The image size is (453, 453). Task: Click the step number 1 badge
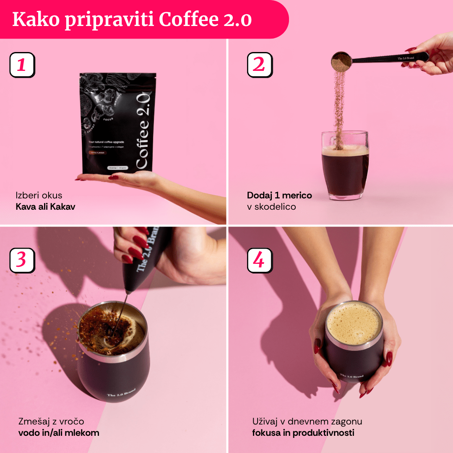22,65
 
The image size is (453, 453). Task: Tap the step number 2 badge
259,65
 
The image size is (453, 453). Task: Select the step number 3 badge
22,260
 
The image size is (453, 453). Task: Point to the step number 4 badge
259,260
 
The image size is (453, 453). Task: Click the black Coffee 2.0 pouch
117,126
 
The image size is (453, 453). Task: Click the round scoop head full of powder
341,62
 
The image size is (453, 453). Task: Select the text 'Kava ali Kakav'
45,207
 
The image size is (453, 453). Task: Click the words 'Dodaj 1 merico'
279,195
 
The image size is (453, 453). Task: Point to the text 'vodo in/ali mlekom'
59,432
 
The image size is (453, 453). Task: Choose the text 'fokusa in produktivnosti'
303,432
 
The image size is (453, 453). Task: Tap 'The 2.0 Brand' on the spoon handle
406,58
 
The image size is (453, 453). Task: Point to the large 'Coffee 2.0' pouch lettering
141,131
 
